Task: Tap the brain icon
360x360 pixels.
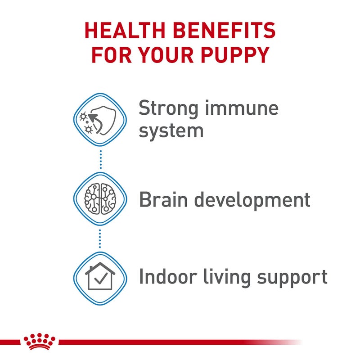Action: point(100,198)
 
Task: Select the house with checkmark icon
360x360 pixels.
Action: point(100,276)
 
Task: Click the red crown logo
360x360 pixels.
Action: point(40,341)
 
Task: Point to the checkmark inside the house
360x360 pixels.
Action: point(101,279)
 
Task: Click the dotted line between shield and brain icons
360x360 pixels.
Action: point(100,159)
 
